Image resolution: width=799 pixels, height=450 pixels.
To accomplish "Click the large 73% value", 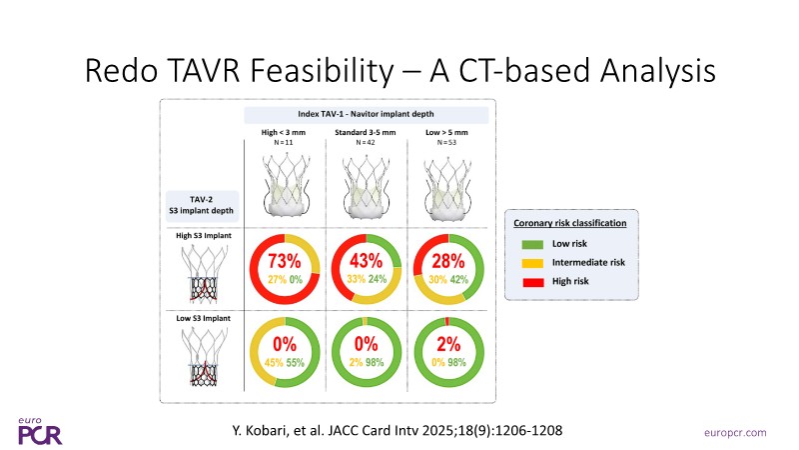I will (284, 264).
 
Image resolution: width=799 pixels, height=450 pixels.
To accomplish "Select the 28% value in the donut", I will (448, 264).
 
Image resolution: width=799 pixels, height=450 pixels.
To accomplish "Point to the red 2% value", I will (448, 344).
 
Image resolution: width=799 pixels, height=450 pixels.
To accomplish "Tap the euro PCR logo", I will (38, 430).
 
